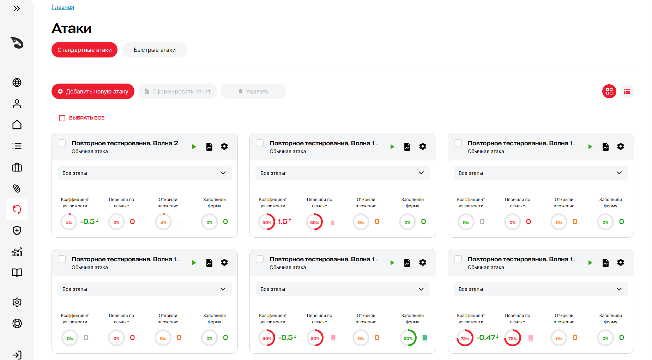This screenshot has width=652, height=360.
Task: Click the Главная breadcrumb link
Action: [63, 7]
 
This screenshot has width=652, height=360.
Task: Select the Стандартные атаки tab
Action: [84, 50]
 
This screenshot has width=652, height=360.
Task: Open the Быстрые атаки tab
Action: [155, 50]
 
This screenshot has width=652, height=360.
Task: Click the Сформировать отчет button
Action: [177, 91]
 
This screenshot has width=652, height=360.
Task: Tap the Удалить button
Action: [253, 91]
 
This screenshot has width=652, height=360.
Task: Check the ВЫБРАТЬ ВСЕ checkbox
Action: [62, 118]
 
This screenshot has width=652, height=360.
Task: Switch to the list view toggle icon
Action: [627, 91]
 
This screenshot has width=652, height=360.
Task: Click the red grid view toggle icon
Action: [609, 91]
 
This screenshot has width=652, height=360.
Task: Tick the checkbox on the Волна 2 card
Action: [62, 143]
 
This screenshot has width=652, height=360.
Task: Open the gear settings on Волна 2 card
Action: [224, 146]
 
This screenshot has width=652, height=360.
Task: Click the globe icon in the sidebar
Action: [17, 83]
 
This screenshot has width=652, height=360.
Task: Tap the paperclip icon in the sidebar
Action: [17, 188]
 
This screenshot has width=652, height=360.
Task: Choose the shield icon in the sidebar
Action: [17, 231]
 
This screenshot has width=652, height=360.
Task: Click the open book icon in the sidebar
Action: [17, 273]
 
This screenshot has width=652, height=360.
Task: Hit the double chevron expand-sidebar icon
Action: [17, 8]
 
